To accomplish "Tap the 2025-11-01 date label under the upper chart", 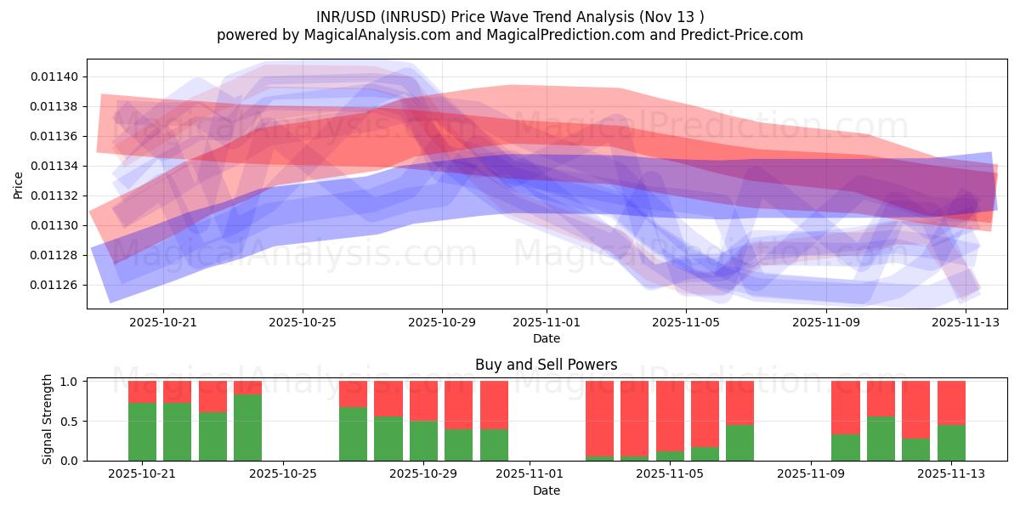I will [547, 322].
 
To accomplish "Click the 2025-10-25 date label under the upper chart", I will [303, 322].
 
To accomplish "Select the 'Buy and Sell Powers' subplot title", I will [546, 365].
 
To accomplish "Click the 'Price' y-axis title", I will [19, 184].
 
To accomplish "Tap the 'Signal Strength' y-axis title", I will [48, 419].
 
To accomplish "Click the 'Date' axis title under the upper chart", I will [546, 338].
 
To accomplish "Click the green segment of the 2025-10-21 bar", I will [142, 432].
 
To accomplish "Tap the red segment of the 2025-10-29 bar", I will [423, 400].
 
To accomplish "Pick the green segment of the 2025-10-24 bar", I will [247, 428].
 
